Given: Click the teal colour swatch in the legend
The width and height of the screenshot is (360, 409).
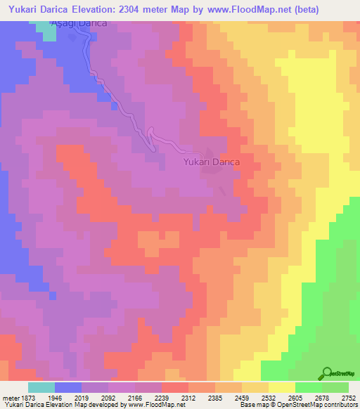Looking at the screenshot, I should pos(41,387).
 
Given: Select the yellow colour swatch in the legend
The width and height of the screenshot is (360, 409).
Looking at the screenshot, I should pos(282,387).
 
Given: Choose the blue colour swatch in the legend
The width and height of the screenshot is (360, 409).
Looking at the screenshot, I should pos(68,387).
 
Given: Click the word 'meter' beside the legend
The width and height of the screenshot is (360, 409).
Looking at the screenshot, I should pos(10,397).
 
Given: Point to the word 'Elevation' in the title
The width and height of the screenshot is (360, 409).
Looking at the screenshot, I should pos(112,10).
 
